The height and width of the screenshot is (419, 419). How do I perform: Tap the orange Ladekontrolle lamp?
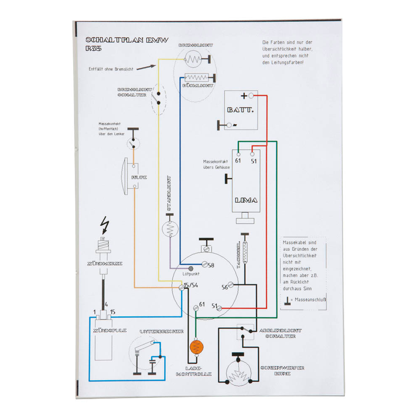click(x=198, y=346)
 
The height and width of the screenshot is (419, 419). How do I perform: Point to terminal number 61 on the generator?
click(x=238, y=161)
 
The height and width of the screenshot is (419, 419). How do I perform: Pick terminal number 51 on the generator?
click(x=253, y=161)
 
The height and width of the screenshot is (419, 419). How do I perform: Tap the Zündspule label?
click(x=109, y=331)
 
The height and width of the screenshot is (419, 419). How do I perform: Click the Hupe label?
click(x=139, y=178)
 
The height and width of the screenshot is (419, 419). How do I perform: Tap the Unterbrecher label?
click(x=161, y=332)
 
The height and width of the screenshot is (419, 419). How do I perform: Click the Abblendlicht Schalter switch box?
click(x=246, y=331)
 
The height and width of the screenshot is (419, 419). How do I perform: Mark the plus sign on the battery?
click(x=244, y=96)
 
